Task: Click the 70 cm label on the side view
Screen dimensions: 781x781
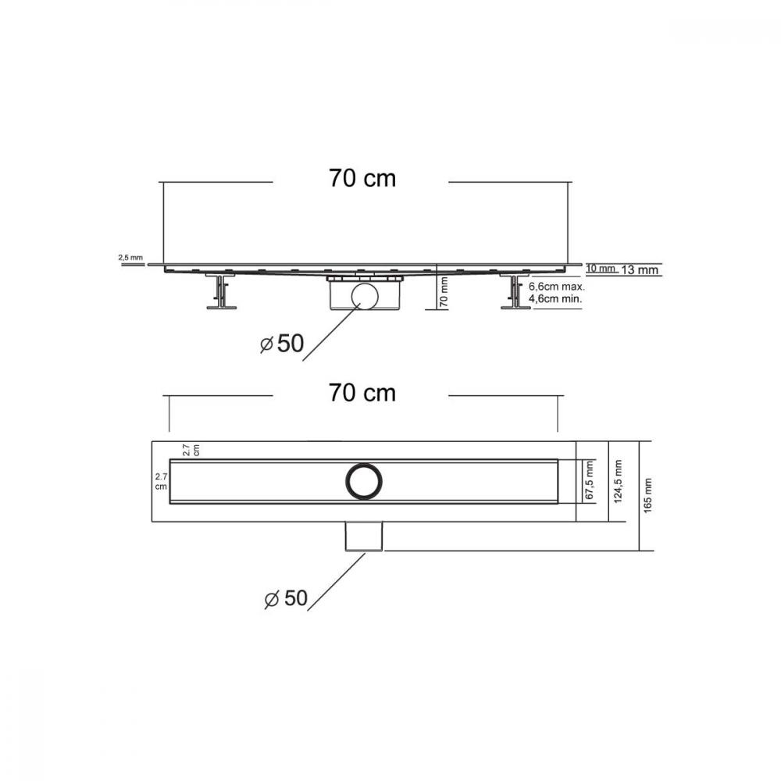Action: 362,178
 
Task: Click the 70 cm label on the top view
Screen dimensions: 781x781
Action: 362,393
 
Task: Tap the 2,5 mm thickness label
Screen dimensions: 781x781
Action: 130,258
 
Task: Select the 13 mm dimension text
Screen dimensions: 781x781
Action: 640,270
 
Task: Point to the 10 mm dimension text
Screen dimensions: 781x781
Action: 600,269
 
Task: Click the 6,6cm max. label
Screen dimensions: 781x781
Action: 556,287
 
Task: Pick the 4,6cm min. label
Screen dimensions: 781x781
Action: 555,299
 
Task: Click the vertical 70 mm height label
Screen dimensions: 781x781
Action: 444,292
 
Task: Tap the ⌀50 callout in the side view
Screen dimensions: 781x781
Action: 282,343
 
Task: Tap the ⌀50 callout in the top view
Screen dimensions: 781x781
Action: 286,598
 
